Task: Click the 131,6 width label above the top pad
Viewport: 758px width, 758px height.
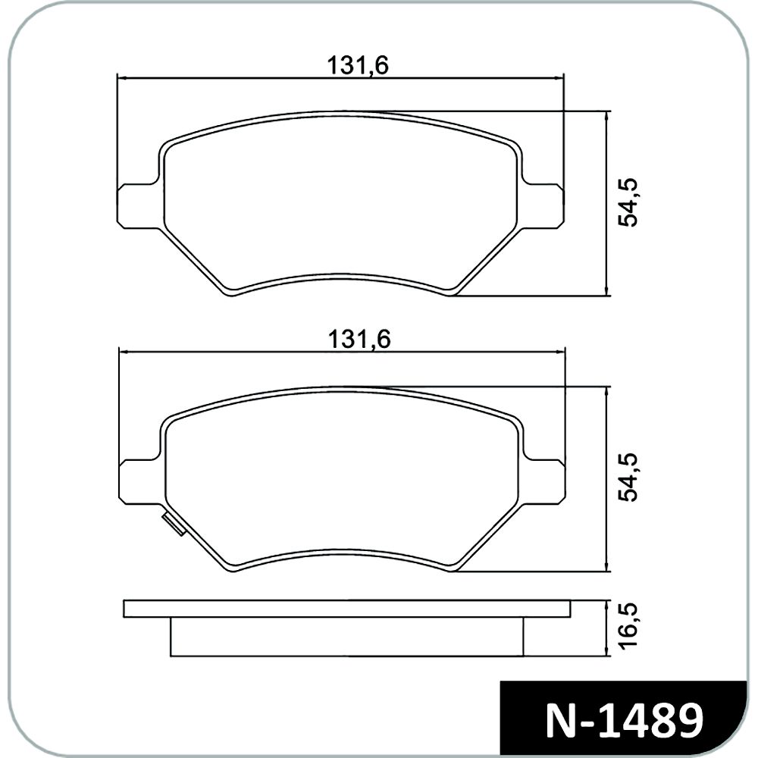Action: pyautogui.click(x=359, y=66)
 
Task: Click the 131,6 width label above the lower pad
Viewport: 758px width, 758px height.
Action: pyautogui.click(x=359, y=340)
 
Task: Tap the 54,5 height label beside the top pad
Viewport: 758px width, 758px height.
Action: pyautogui.click(x=628, y=202)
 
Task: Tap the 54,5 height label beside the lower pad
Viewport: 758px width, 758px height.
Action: pyautogui.click(x=628, y=478)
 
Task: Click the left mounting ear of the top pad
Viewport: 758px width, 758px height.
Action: pyautogui.click(x=138, y=205)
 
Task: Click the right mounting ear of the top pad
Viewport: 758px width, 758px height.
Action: pyautogui.click(x=543, y=205)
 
